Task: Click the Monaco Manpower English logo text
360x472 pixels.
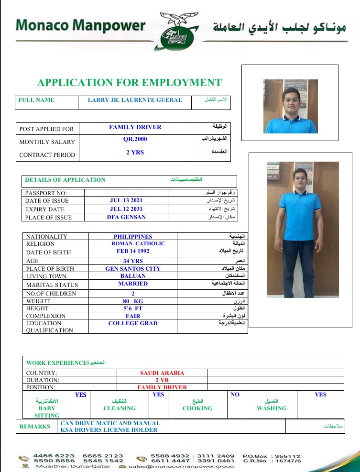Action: tap(80, 25)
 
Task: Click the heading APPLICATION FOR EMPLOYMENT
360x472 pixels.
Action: tap(130, 83)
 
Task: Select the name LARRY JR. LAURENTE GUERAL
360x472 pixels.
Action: tap(135, 100)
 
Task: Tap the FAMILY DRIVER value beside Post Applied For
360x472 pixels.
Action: tap(135, 127)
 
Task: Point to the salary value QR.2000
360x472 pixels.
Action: tap(135, 139)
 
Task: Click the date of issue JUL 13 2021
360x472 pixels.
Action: tap(126, 200)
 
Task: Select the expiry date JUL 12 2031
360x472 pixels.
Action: tap(126, 209)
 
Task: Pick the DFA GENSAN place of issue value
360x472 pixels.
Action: tap(126, 217)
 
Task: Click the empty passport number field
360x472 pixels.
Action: tap(126, 193)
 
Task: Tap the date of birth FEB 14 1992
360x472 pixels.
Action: tap(133, 251)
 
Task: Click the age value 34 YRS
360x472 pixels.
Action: tap(133, 261)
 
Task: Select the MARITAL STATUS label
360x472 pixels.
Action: tap(52, 285)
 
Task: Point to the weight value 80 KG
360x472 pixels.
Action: tap(133, 301)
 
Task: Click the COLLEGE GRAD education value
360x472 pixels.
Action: tap(133, 323)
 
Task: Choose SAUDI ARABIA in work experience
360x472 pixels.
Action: tap(162, 373)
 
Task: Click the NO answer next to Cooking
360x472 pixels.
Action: tap(235, 395)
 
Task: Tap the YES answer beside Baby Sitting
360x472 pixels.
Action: tap(81, 395)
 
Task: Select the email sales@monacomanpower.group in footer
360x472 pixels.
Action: tap(181, 466)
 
